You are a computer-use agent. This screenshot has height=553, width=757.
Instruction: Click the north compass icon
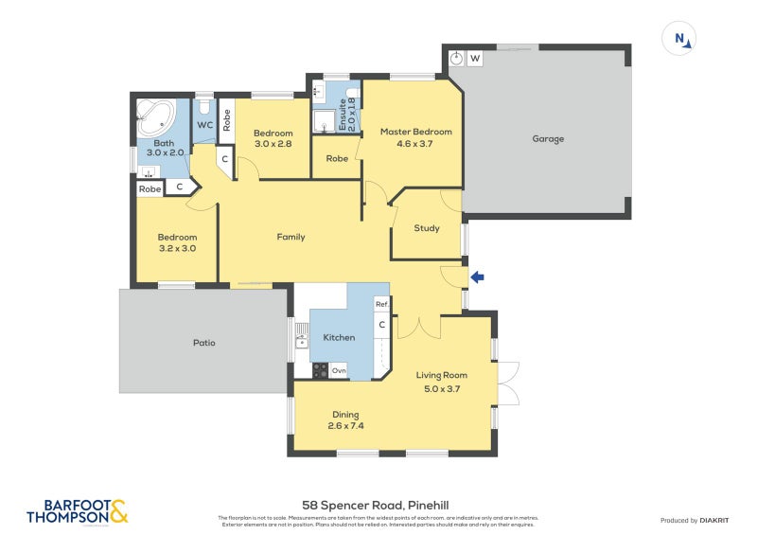pos(679,39)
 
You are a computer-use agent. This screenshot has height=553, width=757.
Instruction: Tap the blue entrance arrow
pos(477,277)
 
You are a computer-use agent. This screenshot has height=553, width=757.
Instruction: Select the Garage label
pos(547,139)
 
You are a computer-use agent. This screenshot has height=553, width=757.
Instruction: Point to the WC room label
pos(205,125)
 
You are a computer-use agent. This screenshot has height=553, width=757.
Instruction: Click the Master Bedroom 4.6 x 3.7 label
pos(415,137)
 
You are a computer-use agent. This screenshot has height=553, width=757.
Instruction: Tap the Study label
pos(427,228)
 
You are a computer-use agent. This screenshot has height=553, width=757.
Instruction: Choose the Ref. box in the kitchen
pos(381,304)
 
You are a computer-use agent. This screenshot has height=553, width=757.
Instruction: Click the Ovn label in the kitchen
pos(338,370)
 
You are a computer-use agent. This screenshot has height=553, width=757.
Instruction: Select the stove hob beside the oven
pos(320,370)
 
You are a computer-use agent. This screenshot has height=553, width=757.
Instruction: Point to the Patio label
pos(203,343)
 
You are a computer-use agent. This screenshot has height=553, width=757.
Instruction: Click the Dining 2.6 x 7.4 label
pos(347,419)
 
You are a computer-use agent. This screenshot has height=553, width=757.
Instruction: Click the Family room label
pos(290,237)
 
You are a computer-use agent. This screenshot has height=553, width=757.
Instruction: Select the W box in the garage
pos(475,59)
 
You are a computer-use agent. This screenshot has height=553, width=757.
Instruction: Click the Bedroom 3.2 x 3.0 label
pos(177,242)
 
